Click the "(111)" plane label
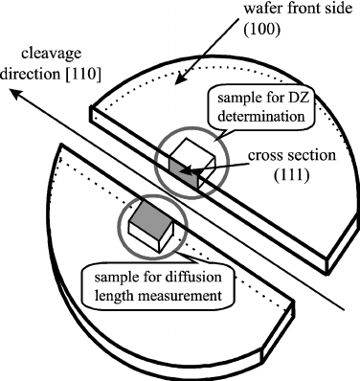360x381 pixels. [276, 177]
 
